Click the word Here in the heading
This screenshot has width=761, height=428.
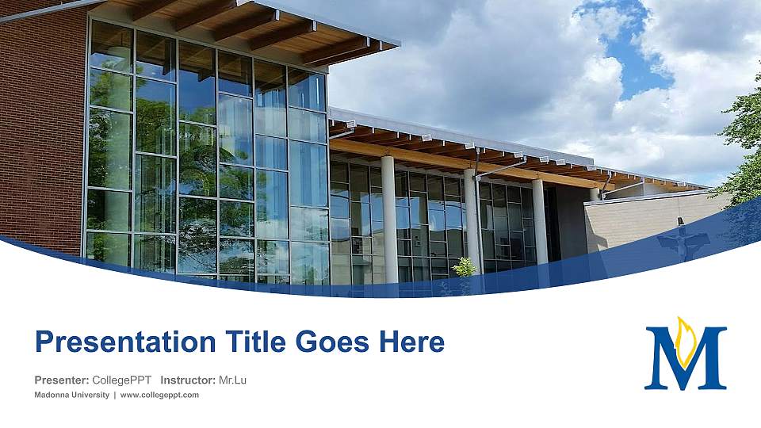click(411, 342)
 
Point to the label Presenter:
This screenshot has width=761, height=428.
click(61, 380)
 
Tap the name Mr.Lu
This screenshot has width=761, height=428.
click(232, 380)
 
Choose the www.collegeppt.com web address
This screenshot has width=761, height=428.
click(159, 395)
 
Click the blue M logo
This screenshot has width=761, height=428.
click(685, 361)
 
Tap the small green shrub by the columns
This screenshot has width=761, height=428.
click(464, 268)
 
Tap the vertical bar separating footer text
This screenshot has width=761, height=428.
click(115, 395)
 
